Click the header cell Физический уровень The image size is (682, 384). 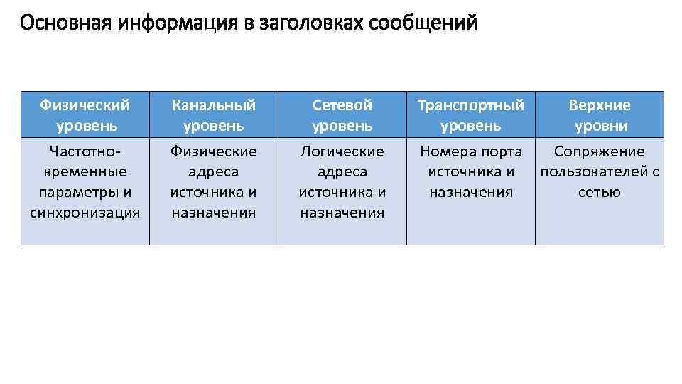[85, 115]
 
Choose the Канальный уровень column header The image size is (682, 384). [214, 115]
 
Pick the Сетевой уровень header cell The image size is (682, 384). [342, 115]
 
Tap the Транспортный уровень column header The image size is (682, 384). [471, 115]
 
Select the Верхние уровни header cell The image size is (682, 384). [600, 115]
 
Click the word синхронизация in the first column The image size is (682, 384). [85, 212]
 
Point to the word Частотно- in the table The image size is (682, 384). [85, 151]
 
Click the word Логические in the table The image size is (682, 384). [342, 151]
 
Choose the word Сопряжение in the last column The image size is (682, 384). [600, 151]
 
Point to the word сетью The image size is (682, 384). [600, 192]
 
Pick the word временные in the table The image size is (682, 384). [85, 171]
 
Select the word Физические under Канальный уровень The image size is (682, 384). [214, 151]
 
